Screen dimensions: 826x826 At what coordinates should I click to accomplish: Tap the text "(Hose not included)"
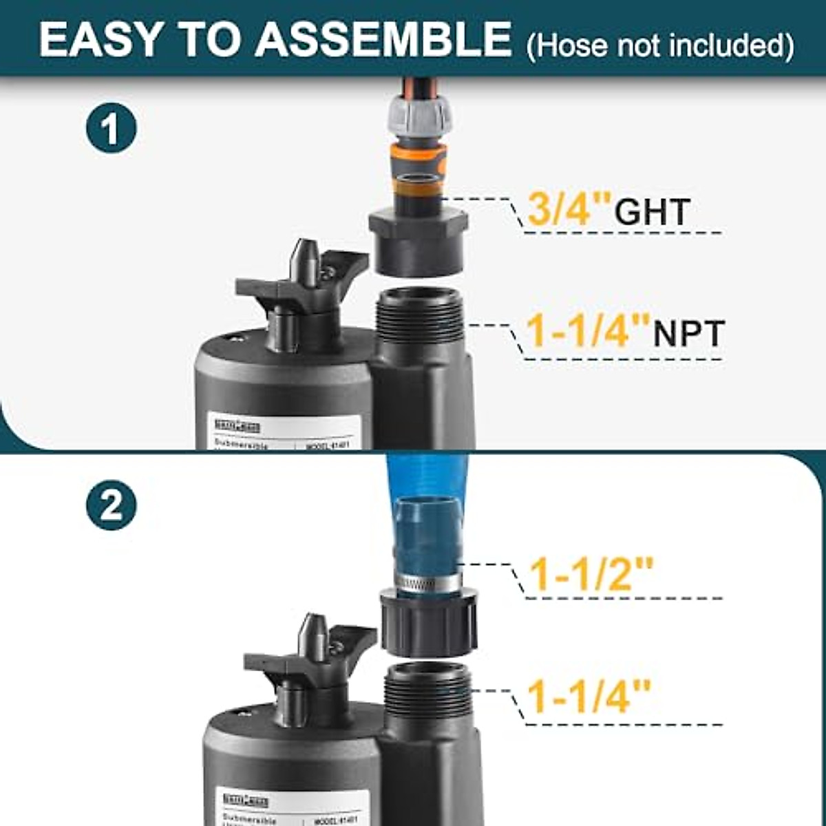pyautogui.click(x=659, y=45)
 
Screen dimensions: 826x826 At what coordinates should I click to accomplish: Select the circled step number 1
pyautogui.click(x=112, y=127)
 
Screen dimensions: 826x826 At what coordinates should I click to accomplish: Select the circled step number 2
pyautogui.click(x=112, y=506)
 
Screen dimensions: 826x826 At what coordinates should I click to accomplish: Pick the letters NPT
pyautogui.click(x=688, y=334)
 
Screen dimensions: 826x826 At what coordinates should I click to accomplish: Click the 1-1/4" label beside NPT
pyautogui.click(x=588, y=331)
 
